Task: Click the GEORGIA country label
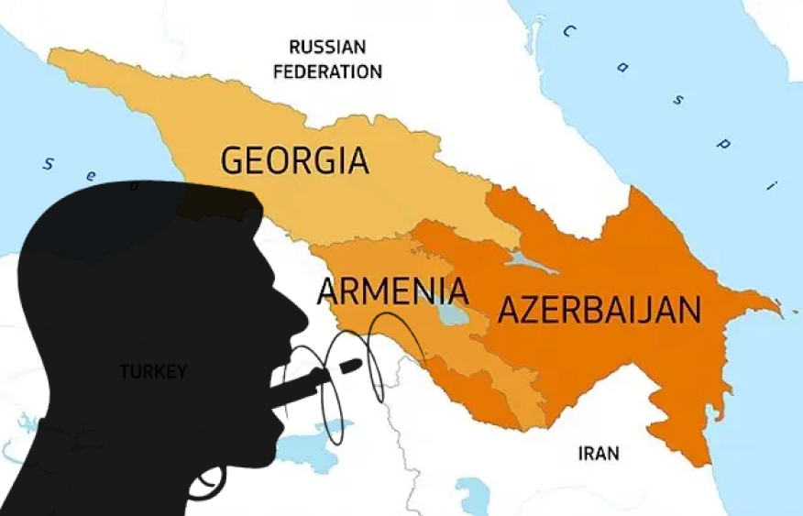pos(294,160)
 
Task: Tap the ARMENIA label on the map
pos(392,291)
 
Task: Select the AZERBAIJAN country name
pos(599,310)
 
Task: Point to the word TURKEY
pos(153,371)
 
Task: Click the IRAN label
pos(599,453)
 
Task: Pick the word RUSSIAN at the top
pos(327,47)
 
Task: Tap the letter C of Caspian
pos(568,32)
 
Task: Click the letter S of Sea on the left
pos(51,164)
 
